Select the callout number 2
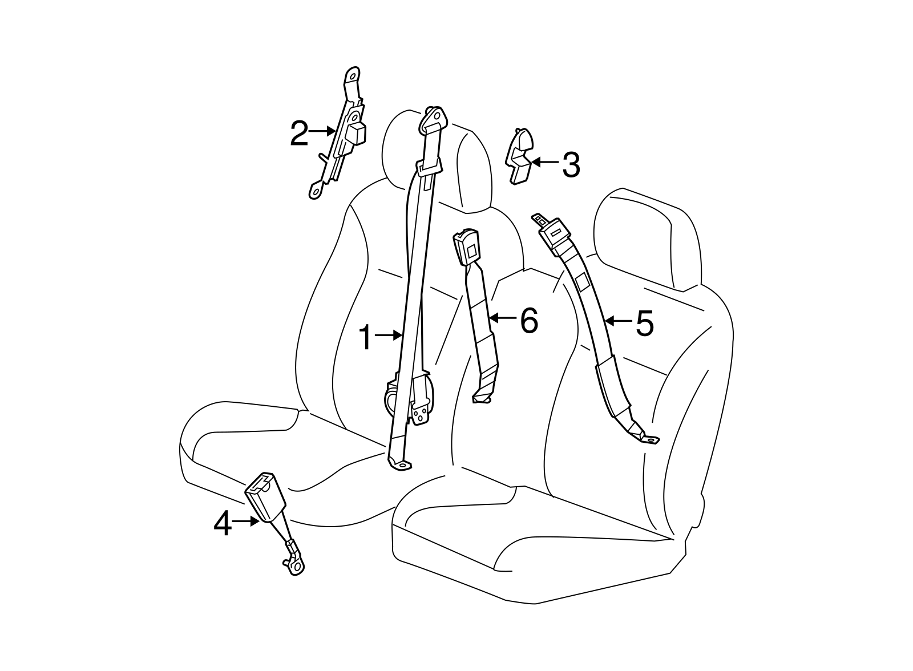(299, 133)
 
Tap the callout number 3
(571, 165)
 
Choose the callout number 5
(645, 323)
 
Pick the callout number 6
(529, 321)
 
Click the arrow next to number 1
(388, 335)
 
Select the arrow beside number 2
(322, 131)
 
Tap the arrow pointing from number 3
(546, 162)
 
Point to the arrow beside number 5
(619, 321)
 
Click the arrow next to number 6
(503, 318)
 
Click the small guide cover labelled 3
(519, 157)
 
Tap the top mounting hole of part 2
(352, 76)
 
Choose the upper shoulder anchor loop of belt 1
(433, 120)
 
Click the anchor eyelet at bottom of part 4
(297, 567)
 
